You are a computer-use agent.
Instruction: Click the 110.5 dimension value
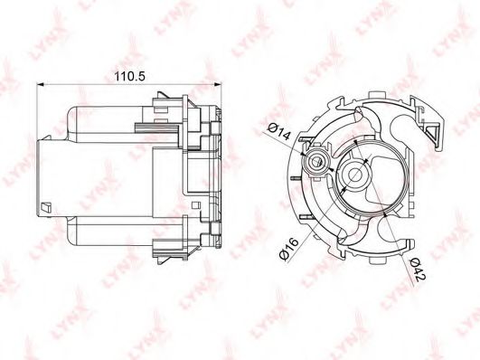[129, 76]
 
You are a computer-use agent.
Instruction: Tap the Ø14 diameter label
[278, 131]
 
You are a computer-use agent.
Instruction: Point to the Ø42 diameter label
[418, 270]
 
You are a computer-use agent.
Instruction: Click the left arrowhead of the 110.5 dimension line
[41, 84]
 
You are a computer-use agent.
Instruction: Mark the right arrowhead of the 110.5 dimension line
[217, 84]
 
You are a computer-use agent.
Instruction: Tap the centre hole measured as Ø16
[356, 175]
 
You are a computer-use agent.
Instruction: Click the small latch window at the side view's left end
[45, 206]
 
